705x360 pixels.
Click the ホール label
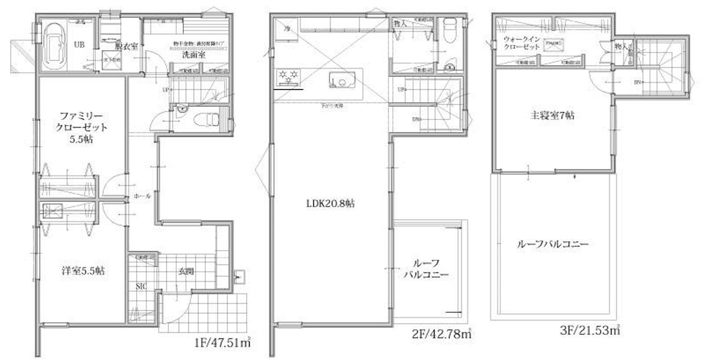(x=143, y=195)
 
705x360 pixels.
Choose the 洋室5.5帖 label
(x=84, y=270)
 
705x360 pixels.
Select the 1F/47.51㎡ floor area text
(x=222, y=342)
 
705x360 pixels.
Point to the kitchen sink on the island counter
(x=340, y=79)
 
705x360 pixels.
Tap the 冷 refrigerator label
(x=287, y=27)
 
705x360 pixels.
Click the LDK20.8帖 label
(x=330, y=203)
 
